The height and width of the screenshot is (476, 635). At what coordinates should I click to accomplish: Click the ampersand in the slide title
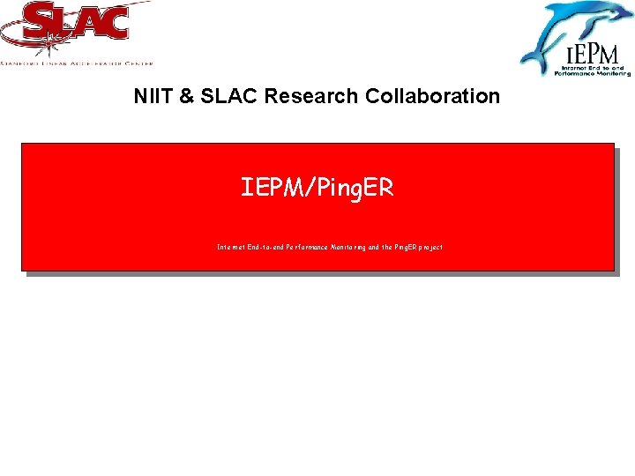pyautogui.click(x=186, y=96)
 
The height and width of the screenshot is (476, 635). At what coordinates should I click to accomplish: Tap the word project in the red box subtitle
pyautogui.click(x=426, y=248)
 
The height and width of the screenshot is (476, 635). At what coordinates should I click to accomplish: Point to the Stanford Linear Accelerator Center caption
pyautogui.click(x=78, y=63)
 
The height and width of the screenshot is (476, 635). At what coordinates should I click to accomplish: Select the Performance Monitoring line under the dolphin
pyautogui.click(x=588, y=73)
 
